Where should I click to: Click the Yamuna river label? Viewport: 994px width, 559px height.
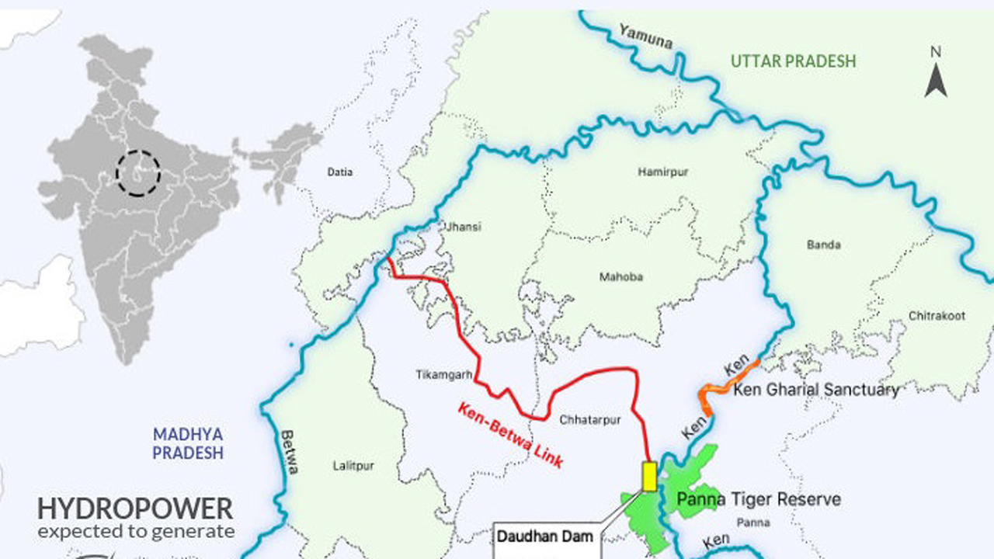(645, 36)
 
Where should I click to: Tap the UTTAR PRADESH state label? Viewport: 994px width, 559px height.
(793, 61)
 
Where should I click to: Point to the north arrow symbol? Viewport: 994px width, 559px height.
(936, 74)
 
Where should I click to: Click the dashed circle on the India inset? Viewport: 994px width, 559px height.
(138, 172)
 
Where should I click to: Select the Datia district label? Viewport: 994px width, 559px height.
(339, 172)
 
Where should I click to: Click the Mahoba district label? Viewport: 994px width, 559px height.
(621, 277)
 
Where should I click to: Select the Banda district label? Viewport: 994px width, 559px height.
(823, 245)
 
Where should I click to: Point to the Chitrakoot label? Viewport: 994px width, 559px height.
(937, 316)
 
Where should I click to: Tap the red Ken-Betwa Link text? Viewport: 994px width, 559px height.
(509, 435)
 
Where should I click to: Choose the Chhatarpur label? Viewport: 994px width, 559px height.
(590, 420)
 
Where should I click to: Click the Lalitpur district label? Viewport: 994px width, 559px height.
(353, 466)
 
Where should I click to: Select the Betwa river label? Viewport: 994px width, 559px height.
(289, 453)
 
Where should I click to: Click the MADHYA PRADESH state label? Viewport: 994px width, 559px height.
(188, 443)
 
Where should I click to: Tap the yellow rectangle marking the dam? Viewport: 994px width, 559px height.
(649, 476)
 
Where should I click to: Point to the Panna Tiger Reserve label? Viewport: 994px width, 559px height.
(759, 499)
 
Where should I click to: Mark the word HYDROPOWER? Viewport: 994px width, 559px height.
(135, 509)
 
